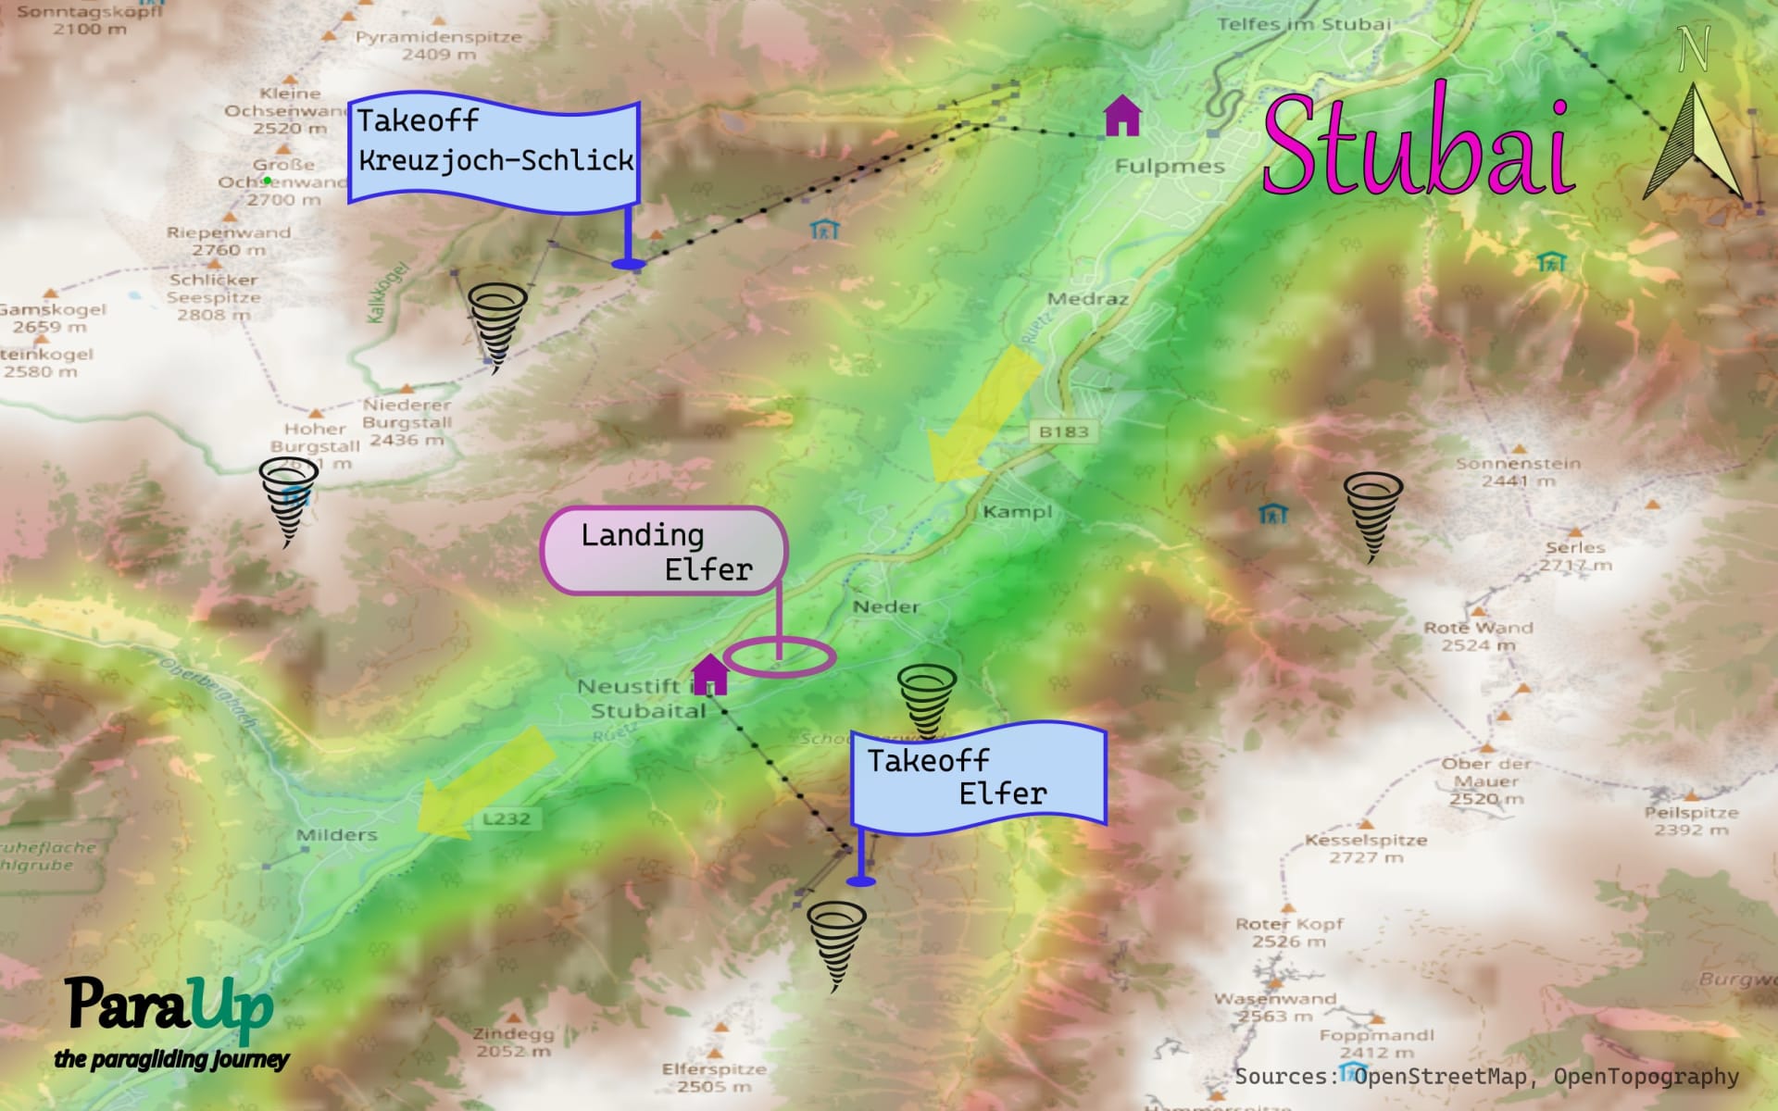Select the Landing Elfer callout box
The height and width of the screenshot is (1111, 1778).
(x=664, y=551)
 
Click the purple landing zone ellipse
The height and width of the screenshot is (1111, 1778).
(x=779, y=657)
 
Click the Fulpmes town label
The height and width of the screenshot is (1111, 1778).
(x=1169, y=167)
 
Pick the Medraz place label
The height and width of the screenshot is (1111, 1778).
(x=1087, y=298)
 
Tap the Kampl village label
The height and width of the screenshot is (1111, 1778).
(x=1017, y=511)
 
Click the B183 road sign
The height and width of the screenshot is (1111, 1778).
(x=1063, y=431)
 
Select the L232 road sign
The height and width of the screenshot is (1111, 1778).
(x=507, y=818)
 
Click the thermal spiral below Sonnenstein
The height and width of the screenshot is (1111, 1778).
(x=1372, y=515)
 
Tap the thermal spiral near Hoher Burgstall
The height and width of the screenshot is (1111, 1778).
(x=288, y=501)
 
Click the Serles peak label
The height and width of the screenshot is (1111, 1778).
(x=1574, y=547)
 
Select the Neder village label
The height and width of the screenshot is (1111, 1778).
(x=886, y=606)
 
